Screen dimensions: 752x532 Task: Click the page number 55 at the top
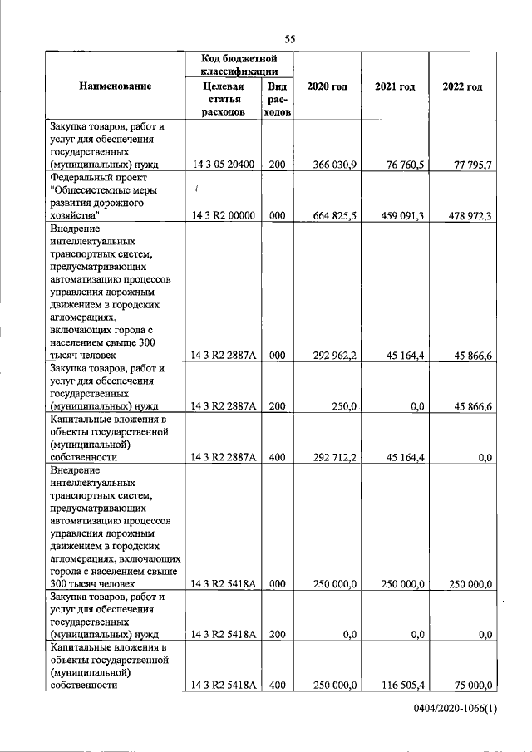pos(289,39)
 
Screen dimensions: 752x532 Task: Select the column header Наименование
pos(116,87)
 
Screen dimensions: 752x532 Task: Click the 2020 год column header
pos(327,87)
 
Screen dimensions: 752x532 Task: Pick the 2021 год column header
pos(395,87)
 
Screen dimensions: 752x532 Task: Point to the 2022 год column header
pos(462,87)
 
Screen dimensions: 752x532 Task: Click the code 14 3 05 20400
pos(223,165)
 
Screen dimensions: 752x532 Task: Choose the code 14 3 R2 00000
pos(223,216)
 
